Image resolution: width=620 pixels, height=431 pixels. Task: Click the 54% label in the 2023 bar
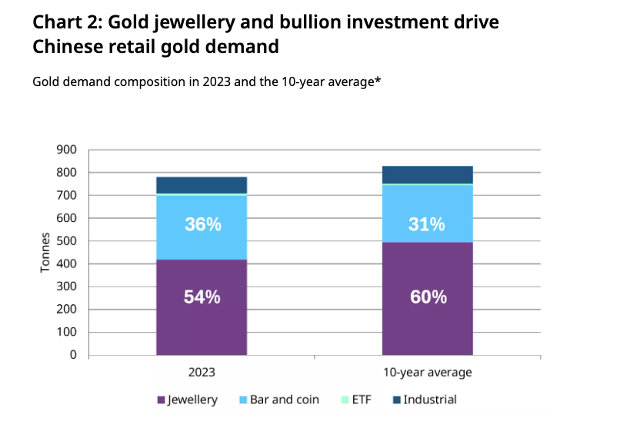[x=202, y=297]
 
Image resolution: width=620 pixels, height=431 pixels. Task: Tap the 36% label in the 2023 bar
[x=202, y=225]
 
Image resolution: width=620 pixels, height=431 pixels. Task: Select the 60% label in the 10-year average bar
[x=428, y=297]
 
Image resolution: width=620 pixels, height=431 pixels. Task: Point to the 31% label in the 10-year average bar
[x=428, y=225]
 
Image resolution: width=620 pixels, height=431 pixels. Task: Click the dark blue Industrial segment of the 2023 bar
[x=202, y=184]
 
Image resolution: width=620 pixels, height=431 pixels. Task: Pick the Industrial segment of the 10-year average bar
[x=428, y=174]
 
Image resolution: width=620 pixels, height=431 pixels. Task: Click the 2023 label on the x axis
[x=202, y=373]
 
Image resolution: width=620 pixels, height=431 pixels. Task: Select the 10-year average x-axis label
[x=428, y=373]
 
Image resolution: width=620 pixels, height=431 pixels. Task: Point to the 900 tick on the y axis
[x=68, y=150]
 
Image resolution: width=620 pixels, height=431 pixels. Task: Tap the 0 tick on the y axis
[x=74, y=356]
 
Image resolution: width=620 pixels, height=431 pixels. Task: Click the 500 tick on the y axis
[x=68, y=241]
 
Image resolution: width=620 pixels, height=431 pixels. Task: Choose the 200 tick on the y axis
[x=68, y=310]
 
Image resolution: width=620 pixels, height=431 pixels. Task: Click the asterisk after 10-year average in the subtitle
[x=378, y=79]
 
